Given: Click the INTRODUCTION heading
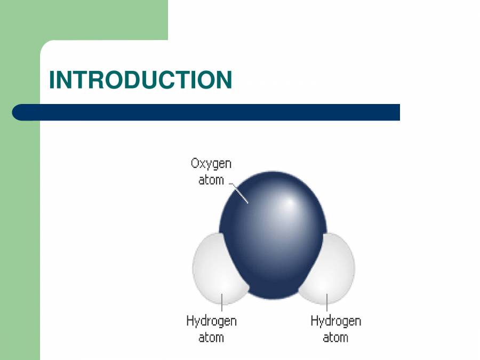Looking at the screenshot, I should click(140, 80).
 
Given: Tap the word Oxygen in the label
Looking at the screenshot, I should click(211, 164).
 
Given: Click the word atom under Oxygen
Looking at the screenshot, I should click(211, 180).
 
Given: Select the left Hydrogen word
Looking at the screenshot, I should click(211, 321).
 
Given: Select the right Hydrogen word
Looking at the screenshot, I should click(335, 321).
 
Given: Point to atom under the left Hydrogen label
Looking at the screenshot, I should click(211, 337).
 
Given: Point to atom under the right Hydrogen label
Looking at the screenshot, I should click(335, 337).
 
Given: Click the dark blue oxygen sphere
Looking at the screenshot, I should click(267, 245).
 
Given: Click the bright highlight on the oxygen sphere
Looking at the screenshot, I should click(289, 204).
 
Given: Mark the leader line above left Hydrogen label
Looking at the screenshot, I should click(221, 301).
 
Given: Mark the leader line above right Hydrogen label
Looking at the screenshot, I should click(326, 301).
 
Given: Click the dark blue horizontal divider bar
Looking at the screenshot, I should click(213, 112).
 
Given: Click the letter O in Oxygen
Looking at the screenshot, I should click(196, 164).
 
